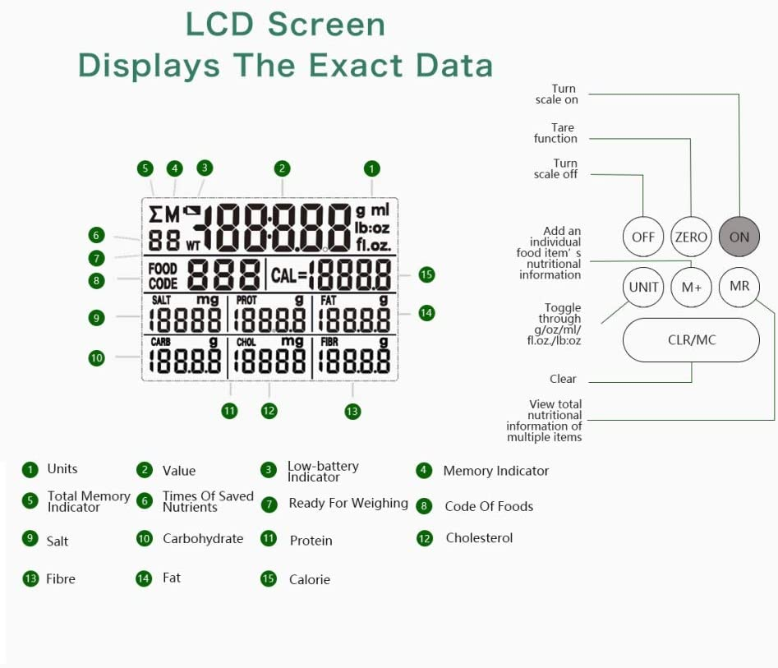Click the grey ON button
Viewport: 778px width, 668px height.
click(739, 237)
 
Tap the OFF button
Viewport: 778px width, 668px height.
click(643, 237)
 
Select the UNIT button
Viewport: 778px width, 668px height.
click(643, 287)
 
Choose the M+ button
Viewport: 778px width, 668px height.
click(691, 287)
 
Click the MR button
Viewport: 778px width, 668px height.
click(739, 287)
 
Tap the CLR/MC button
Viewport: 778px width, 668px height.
click(691, 339)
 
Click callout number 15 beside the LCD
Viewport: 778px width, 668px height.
click(426, 274)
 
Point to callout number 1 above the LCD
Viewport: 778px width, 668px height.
click(372, 168)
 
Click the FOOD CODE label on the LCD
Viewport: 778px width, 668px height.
click(163, 275)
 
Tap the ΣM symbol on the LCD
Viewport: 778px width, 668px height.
click(163, 215)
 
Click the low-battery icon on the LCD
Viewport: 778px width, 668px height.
click(191, 212)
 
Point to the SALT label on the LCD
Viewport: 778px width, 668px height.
click(161, 301)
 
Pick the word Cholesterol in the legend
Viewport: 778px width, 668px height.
click(479, 538)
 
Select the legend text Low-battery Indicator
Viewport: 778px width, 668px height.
click(322, 472)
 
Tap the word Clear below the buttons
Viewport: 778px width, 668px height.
click(563, 379)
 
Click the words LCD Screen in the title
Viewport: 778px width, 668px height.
click(285, 24)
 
